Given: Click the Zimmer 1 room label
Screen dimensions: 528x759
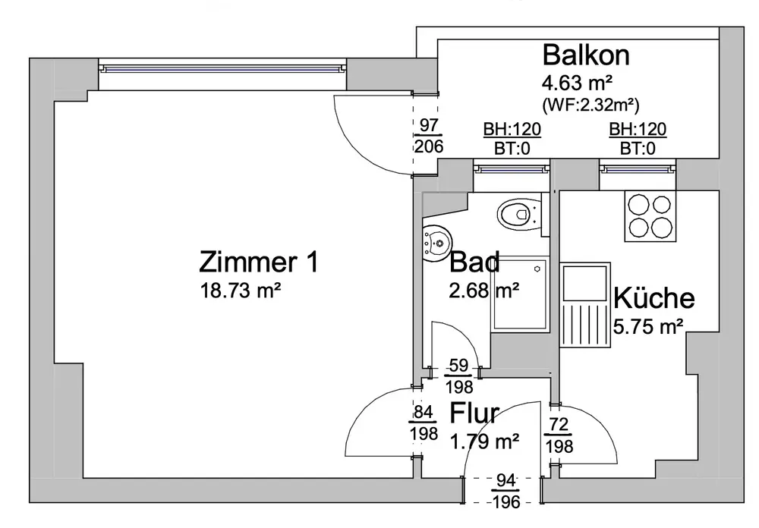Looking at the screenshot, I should (x=257, y=262).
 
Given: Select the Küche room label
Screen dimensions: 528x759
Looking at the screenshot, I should (x=654, y=298).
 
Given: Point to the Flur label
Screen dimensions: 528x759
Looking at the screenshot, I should (x=474, y=414).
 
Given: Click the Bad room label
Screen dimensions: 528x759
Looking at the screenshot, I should (x=474, y=262).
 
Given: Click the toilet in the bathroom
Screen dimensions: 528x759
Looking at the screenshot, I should (x=520, y=215).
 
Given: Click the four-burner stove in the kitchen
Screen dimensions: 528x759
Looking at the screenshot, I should (x=650, y=216).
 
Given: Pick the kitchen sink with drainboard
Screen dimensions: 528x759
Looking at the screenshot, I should (x=585, y=306).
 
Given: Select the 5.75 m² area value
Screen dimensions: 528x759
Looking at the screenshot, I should (x=647, y=326).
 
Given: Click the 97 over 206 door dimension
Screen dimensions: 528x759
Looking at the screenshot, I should (x=429, y=137).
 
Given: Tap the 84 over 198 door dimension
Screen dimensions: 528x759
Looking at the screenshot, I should (x=424, y=424).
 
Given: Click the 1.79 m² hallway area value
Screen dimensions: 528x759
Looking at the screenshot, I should (x=485, y=439).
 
